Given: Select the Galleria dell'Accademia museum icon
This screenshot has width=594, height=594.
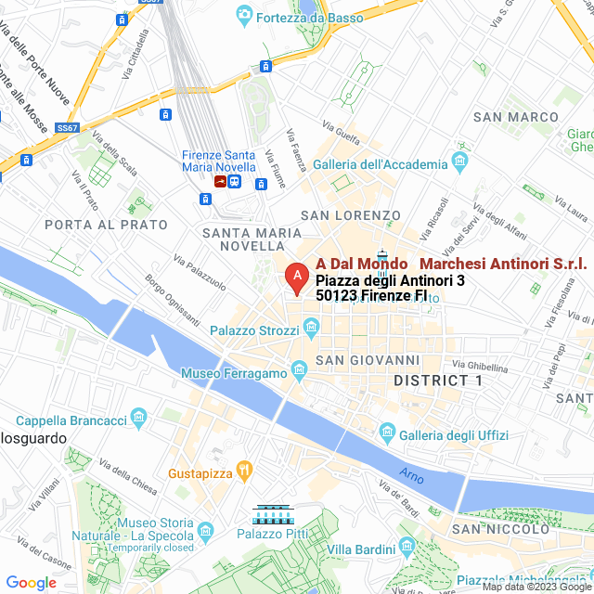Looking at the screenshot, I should pos(460,164).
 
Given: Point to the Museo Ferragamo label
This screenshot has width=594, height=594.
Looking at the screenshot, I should pos(235,373).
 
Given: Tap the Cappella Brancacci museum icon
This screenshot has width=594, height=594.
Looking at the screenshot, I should pos(139,420).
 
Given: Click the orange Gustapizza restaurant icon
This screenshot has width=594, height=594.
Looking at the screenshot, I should pos(244,471).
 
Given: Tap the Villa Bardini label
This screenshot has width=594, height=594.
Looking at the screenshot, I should pos(362,549).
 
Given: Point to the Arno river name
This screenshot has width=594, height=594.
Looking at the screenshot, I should pos(411,476).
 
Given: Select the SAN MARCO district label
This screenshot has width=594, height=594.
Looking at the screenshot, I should pos(516,117).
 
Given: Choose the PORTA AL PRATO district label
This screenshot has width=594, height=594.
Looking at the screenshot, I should pos(106,225).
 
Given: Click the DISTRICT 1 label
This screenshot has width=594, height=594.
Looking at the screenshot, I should pos(438,381).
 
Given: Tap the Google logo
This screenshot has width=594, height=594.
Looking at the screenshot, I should pos(31,583).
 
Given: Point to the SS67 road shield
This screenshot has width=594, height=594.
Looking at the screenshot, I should pos(66,127).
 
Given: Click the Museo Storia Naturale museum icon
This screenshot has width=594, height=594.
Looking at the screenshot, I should pos(205,530).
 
